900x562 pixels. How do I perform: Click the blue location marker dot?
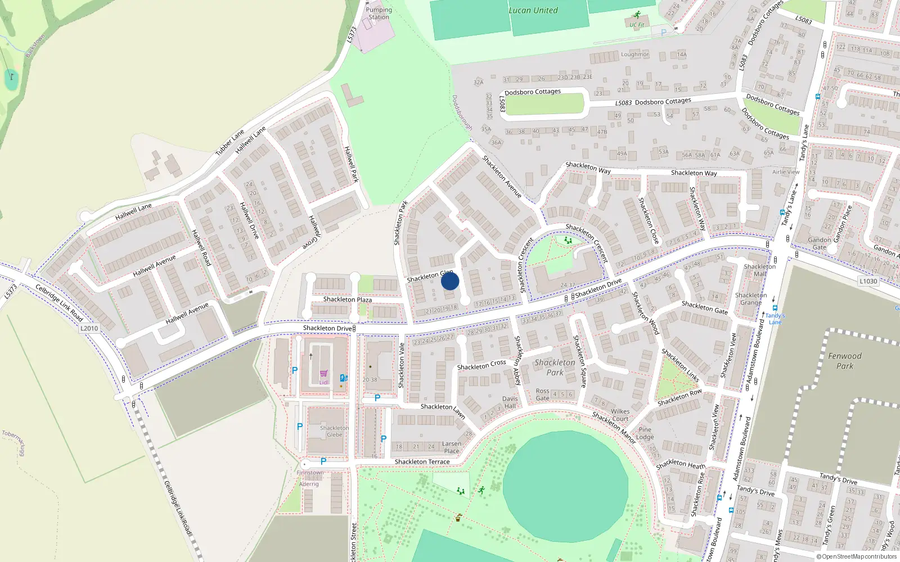[450, 281]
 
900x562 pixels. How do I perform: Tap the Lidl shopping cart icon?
[324, 374]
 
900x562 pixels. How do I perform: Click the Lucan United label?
[533, 10]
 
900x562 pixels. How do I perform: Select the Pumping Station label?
[379, 13]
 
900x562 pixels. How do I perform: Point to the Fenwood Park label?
[844, 361]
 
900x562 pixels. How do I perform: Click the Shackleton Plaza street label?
[347, 300]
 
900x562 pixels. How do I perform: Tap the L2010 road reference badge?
[89, 328]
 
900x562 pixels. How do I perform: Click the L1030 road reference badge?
[868, 281]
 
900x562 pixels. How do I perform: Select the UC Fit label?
[637, 25]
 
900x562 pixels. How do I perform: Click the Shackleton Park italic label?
[555, 367]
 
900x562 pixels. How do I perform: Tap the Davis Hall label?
[510, 402]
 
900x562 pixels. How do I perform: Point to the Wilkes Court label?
[620, 415]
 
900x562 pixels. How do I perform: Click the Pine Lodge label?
[645, 433]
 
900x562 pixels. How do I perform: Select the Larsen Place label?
[451, 447]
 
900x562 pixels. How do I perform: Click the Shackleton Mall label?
[759, 270]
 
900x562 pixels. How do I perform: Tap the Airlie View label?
[785, 172]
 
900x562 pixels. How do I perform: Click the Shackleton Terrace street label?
[422, 462]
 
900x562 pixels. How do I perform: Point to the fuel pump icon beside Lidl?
[344, 378]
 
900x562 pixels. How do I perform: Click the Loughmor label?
[634, 55]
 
